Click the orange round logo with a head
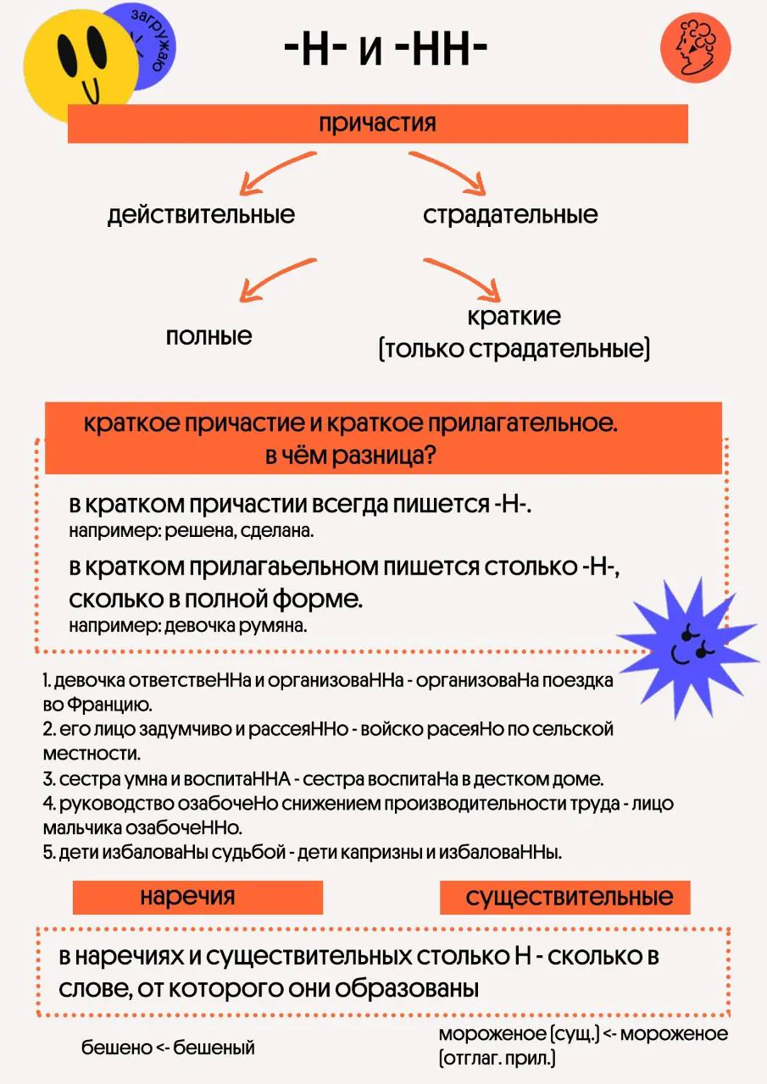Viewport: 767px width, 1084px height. tap(695, 47)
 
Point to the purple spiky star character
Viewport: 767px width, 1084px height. tap(687, 648)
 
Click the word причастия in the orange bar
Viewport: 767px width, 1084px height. tap(377, 124)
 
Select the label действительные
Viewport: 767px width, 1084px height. tap(201, 214)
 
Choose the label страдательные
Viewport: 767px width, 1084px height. tap(510, 214)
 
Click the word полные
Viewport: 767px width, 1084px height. tap(208, 335)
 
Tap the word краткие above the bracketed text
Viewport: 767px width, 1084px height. tap(514, 317)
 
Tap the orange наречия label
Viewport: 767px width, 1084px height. tap(197, 897)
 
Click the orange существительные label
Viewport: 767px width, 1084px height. tap(565, 897)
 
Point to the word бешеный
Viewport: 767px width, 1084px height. tap(214, 1048)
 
